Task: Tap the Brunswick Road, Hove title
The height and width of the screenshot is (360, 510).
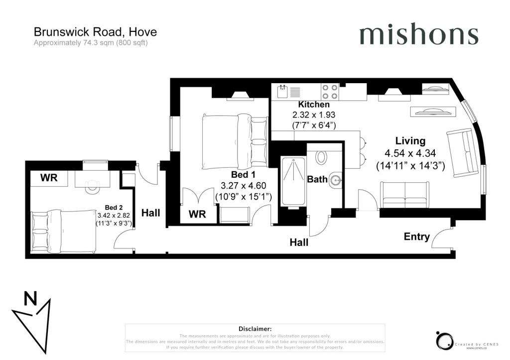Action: point(95,32)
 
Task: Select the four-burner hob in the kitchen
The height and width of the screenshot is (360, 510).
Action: point(330,92)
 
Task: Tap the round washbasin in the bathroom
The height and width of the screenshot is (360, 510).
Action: point(336,180)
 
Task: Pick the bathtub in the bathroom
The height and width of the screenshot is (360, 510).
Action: point(293,181)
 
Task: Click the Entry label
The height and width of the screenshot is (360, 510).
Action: point(417,237)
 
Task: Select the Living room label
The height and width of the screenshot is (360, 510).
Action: point(410,141)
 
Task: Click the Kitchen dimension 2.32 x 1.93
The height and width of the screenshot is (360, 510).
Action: point(314,115)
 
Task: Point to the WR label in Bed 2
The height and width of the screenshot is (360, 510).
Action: point(49,178)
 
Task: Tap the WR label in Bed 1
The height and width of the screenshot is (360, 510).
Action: point(197,214)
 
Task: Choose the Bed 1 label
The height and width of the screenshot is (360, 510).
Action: point(243,175)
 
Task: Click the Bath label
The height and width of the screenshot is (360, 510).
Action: point(317,179)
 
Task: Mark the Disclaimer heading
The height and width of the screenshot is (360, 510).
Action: point(255,329)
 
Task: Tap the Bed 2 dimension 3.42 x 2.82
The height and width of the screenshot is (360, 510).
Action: point(114,215)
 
